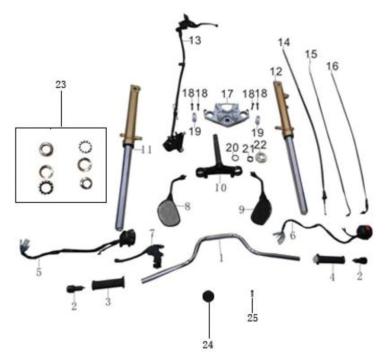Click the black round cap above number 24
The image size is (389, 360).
pos(208,296)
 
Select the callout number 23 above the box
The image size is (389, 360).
pos(61,85)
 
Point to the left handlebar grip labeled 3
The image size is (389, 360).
pos(108,283)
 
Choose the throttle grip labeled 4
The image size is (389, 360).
pos(328,260)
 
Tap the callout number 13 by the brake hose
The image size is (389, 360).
pos(195,40)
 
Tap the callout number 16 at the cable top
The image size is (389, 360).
pos(332,66)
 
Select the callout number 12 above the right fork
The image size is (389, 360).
pos(276,72)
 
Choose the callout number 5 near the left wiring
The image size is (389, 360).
pos(39,272)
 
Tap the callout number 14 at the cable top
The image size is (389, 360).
pos(284,42)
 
